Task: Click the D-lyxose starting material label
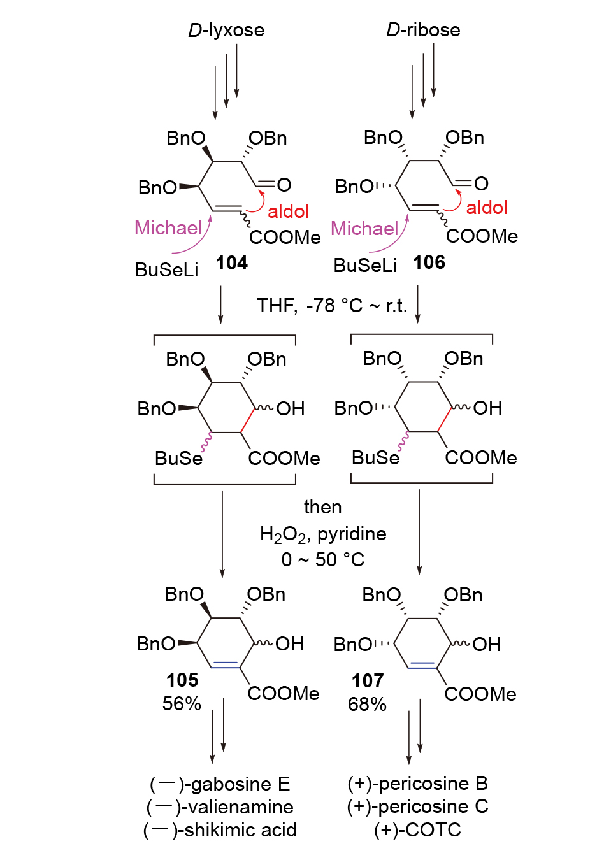[x=226, y=30]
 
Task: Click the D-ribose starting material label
[x=423, y=30]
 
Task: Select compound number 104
[x=231, y=262]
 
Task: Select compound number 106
[x=429, y=262]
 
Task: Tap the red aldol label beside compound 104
[x=288, y=211]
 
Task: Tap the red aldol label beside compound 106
[x=487, y=208]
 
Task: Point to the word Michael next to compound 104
[x=168, y=227]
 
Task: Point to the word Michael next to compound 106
[x=364, y=228]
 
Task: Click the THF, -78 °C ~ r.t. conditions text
[x=331, y=306]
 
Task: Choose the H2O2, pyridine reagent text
[x=323, y=534]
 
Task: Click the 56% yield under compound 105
[x=182, y=704]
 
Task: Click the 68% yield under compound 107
[x=367, y=705]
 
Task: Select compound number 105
[x=182, y=680]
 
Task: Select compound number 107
[x=368, y=681]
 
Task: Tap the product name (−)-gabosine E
[x=220, y=784]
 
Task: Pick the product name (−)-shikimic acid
[x=220, y=830]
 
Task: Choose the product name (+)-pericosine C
[x=417, y=806]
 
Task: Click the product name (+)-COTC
[x=417, y=830]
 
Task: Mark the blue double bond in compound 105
[x=226, y=663]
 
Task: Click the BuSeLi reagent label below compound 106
[x=365, y=265]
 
